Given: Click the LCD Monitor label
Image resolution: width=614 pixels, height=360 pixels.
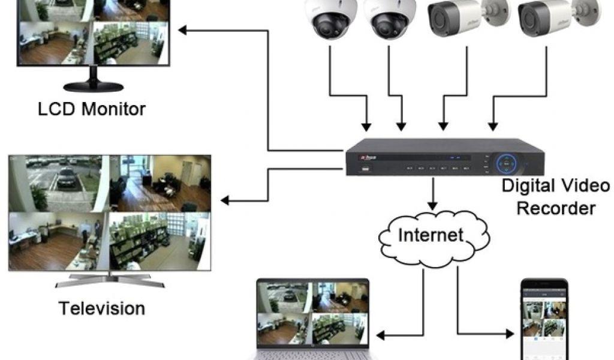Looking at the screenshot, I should tap(92, 109).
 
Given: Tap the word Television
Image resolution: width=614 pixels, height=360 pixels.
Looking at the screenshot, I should tap(101, 308).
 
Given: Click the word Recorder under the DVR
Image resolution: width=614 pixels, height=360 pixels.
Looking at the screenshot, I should tap(556, 208).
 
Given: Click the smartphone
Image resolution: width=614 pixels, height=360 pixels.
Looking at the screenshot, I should tap(543, 318).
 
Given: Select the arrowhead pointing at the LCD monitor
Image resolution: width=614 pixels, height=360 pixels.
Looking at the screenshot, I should tap(187, 29).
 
